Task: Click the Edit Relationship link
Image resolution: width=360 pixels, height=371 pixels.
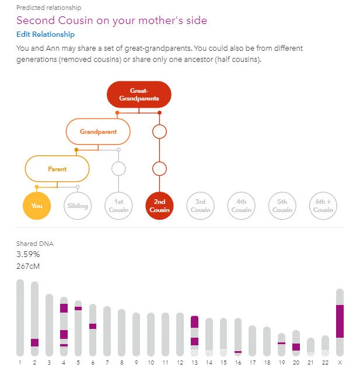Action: [x=46, y=34]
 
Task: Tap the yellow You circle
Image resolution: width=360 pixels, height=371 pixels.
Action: [x=37, y=206]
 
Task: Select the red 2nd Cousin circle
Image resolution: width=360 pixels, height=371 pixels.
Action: [x=159, y=206]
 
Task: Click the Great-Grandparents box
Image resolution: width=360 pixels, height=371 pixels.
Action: [x=139, y=95]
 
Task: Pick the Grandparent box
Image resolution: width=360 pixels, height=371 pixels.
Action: [x=98, y=131]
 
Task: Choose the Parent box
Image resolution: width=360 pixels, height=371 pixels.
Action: [x=57, y=169]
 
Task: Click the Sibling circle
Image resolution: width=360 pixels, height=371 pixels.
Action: [x=78, y=206]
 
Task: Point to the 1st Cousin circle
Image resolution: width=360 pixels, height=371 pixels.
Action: [x=118, y=206]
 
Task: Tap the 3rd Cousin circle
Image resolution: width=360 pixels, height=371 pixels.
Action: [x=200, y=206]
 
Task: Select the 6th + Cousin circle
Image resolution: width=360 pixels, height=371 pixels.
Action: [x=323, y=206]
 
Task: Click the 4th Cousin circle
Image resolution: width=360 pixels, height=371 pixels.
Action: [x=241, y=206]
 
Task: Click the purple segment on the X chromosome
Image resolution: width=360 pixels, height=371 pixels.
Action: [x=340, y=321]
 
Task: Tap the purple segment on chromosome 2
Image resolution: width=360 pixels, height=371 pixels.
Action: [x=35, y=342]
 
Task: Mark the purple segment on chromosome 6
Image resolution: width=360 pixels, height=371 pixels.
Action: [x=93, y=326]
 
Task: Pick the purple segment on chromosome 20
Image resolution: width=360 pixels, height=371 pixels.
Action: [x=296, y=347]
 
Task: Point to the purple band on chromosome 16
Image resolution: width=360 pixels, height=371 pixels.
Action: [x=238, y=352]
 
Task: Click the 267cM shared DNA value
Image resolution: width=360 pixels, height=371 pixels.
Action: [x=28, y=266]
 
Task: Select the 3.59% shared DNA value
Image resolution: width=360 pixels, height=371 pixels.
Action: [x=28, y=254]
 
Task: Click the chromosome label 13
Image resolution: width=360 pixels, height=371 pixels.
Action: [x=194, y=362]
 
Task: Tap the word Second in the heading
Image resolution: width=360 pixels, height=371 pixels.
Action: [x=36, y=20]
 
